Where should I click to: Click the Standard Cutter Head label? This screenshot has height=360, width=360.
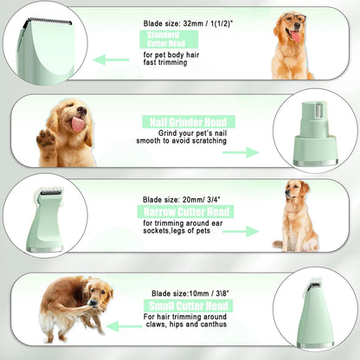tap(169, 39)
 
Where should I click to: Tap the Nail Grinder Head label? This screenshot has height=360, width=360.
tap(189, 122)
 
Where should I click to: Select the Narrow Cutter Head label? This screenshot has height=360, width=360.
tap(185, 212)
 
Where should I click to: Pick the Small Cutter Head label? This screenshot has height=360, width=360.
tap(189, 305)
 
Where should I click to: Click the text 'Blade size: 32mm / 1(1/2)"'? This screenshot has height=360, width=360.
tap(188, 23)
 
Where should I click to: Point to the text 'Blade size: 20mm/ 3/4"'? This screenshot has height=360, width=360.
tap(182, 199)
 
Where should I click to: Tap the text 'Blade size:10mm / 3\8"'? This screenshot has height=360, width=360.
tap(190, 293)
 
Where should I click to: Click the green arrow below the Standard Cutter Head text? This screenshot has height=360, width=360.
tap(111, 60)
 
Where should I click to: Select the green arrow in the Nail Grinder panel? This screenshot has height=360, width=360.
tap(241, 152)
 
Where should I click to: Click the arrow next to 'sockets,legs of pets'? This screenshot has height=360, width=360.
tap(241, 231)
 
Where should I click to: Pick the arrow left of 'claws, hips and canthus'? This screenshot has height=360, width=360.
tap(125, 326)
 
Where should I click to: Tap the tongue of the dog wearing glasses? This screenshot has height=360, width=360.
tap(295, 36)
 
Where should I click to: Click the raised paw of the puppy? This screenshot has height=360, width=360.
tap(46, 138)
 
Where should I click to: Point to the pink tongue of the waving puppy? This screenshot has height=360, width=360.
tap(78, 124)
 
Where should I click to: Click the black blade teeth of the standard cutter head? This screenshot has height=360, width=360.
tap(49, 21)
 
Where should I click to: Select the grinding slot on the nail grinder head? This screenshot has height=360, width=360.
tap(318, 111)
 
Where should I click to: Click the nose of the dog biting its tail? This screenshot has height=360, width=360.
tap(93, 302)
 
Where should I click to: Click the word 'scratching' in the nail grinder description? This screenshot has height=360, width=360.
tap(209, 141)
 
